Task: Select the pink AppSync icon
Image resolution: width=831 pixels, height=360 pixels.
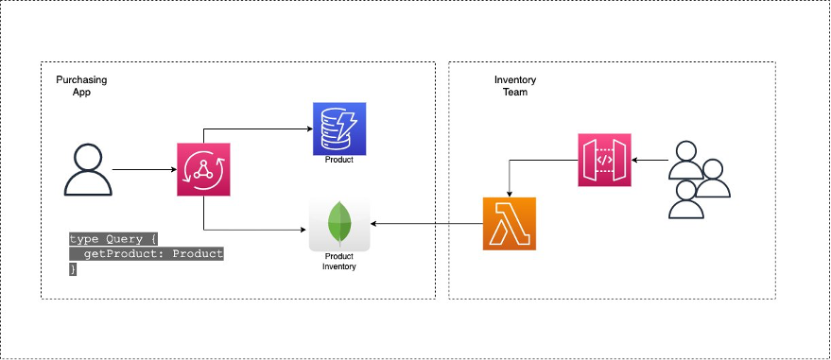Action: pos(204,170)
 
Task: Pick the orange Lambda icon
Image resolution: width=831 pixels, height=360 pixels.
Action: pos(510,224)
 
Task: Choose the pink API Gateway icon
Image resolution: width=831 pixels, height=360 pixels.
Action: pos(605,160)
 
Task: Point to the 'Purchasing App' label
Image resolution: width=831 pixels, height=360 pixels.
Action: pos(81,87)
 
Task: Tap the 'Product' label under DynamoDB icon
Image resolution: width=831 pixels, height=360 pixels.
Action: pos(338,161)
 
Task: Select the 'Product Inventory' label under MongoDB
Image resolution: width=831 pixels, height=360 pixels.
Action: pos(339,262)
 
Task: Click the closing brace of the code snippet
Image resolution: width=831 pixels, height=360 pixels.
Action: pos(73,268)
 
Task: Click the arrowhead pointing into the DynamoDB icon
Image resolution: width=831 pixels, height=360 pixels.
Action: pos(308,129)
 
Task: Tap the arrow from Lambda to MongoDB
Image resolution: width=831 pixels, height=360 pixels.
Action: pos(425,224)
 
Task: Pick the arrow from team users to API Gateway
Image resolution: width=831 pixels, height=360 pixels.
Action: pos(649,160)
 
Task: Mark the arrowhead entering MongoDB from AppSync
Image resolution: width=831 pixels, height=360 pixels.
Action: pos(304,228)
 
